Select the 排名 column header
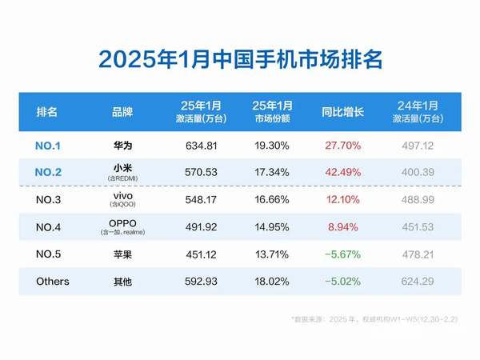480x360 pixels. click(47, 112)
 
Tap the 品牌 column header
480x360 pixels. click(122, 112)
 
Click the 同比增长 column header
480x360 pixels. click(343, 112)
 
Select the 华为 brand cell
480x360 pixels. click(122, 146)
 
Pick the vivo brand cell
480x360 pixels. click(122, 195)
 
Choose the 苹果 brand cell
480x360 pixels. click(122, 254)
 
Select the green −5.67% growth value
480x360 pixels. click(343, 254)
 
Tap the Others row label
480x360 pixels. click(53, 282)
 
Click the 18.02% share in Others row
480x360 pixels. click(273, 282)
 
